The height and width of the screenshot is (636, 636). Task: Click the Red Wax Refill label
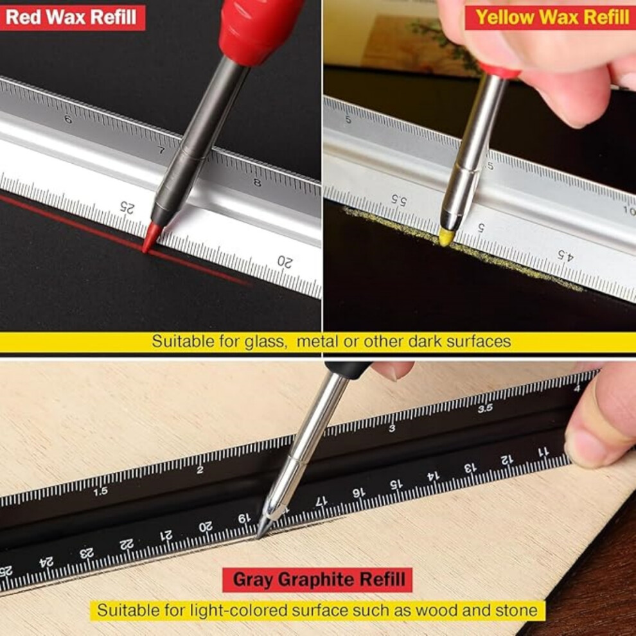(71, 17)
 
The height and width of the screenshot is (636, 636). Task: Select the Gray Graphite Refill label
(317, 579)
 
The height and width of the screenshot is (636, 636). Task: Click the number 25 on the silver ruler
(127, 208)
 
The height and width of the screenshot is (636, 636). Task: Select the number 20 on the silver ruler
(285, 261)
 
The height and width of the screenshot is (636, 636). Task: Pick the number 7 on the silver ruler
(161, 150)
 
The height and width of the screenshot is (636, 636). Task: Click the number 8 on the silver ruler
(257, 182)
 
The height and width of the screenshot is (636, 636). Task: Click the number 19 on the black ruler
(244, 518)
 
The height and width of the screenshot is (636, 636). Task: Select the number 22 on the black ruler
(127, 544)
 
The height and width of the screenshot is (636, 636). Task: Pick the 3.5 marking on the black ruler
(484, 408)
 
